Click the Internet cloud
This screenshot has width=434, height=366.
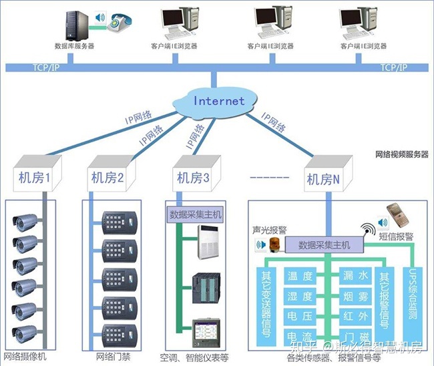point(218,102)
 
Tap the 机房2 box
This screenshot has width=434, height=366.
point(107,178)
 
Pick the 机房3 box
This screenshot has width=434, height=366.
point(193,178)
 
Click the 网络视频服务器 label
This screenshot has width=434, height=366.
point(402,154)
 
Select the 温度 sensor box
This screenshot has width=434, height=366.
point(299,277)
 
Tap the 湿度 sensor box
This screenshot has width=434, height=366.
point(299,297)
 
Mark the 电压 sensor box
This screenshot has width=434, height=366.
point(299,316)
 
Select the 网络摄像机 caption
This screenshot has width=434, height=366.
point(27,356)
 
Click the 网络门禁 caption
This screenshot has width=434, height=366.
point(113,356)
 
